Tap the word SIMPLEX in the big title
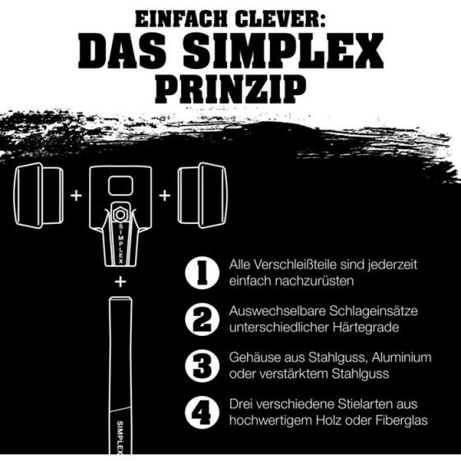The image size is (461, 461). (283, 51)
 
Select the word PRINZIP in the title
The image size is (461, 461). (230, 88)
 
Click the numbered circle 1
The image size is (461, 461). (203, 273)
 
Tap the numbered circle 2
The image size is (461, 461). (203, 319)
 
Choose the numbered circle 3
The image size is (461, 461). (203, 366)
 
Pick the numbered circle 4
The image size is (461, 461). (203, 412)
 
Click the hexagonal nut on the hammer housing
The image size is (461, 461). (120, 214)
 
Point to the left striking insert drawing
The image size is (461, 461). (39, 196)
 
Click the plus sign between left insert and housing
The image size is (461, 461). (77, 196)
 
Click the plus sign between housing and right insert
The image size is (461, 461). (165, 196)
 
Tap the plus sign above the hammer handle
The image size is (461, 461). (120, 282)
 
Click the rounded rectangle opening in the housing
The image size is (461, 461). (120, 186)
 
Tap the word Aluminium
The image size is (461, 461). (402, 357)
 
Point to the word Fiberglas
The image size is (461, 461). (402, 421)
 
